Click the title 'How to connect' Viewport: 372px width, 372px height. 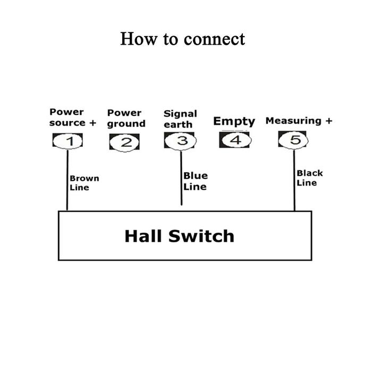(182, 39)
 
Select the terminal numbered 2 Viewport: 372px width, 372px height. (124, 142)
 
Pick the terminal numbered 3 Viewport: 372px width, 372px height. (180, 141)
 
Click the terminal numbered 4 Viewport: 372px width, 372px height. (235, 140)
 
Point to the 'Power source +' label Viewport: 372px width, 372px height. (73, 117)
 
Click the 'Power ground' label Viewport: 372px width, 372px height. (126, 118)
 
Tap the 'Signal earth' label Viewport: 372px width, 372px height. (180, 119)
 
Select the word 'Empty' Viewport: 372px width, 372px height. (234, 121)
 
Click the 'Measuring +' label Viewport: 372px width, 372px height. (299, 121)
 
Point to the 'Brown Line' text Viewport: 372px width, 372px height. (84, 183)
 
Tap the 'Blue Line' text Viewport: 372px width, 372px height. (195, 181)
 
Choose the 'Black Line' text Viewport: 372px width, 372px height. (309, 178)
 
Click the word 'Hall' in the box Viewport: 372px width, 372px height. (143, 236)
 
